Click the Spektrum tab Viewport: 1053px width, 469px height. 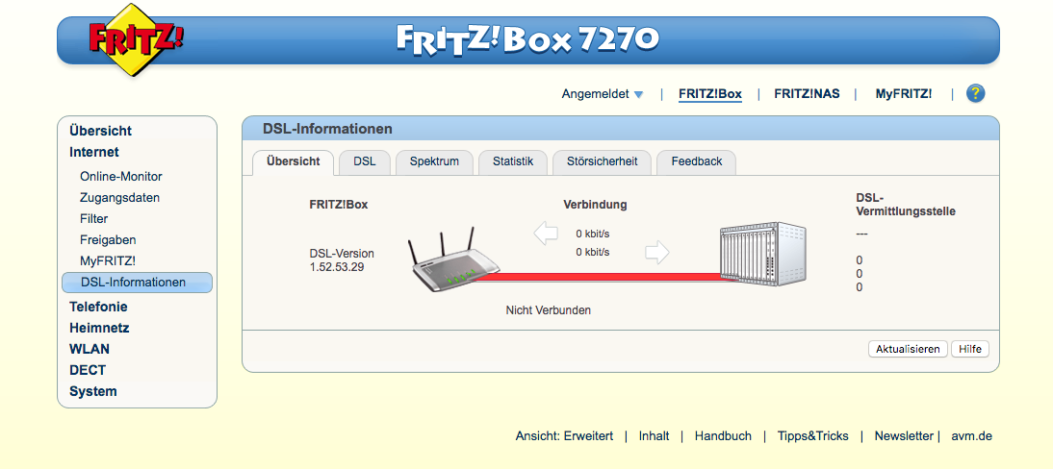tap(434, 161)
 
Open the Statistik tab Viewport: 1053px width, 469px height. tap(513, 161)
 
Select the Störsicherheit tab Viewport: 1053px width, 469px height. tap(602, 161)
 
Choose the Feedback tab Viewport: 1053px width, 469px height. tap(696, 161)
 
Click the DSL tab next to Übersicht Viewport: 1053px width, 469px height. tap(365, 161)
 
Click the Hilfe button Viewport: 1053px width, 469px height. tap(970, 349)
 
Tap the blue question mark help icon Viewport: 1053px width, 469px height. tap(976, 93)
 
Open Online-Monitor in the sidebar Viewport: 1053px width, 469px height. tap(121, 177)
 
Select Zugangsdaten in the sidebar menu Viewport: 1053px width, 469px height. tap(119, 198)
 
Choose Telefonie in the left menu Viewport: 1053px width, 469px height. tap(98, 307)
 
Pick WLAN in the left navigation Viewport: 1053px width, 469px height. tap(90, 349)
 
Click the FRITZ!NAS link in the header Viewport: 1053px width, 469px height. tap(807, 94)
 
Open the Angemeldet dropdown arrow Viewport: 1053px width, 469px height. tap(638, 94)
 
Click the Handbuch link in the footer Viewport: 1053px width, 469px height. tap(723, 436)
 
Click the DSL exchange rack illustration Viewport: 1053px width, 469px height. tap(762, 255)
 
